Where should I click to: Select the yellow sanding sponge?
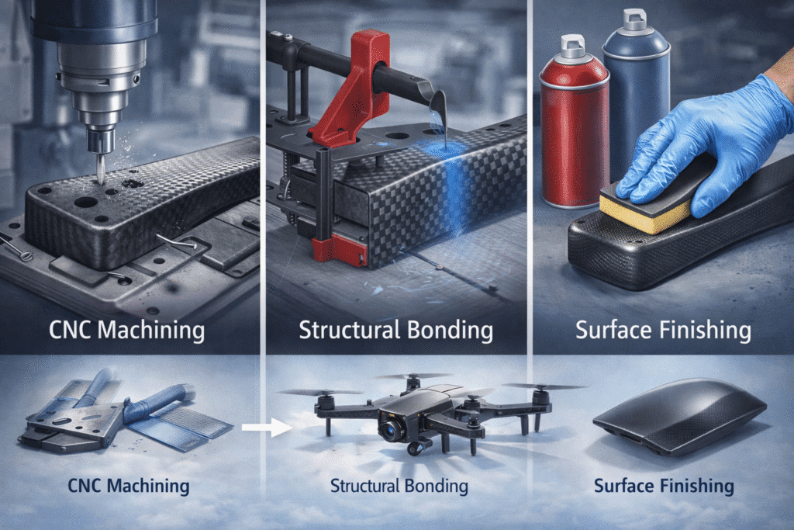(x=646, y=208)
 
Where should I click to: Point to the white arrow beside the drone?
(x=267, y=427)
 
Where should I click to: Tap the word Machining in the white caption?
(x=151, y=331)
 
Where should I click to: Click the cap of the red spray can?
(x=573, y=46)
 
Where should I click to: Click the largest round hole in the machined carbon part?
(x=86, y=203)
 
